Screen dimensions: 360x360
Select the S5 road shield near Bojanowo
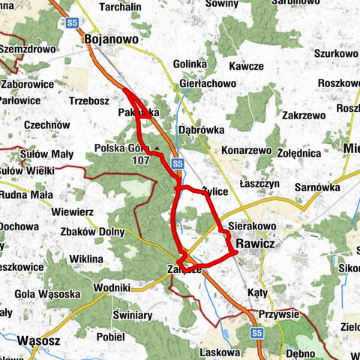tap(71, 24)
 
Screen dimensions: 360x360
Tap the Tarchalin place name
tap(115, 7)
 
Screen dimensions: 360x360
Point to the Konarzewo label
tap(246, 150)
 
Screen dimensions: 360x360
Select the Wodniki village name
tap(112, 287)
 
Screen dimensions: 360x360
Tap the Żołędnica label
tap(298, 154)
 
